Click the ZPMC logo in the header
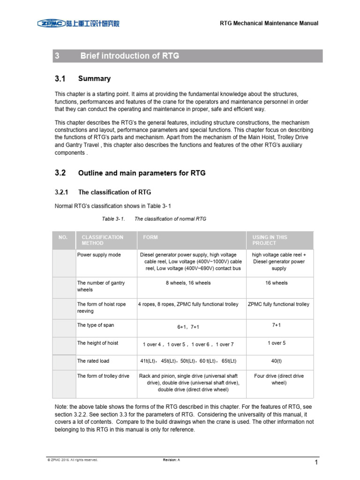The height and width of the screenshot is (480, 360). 78,23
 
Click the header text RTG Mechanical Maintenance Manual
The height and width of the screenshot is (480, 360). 269,23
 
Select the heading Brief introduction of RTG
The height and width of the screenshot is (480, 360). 129,56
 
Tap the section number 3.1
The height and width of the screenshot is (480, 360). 60,79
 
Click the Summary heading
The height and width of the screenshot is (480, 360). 94,79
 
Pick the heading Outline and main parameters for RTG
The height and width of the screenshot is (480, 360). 142,173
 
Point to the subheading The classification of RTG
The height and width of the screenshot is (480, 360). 114,192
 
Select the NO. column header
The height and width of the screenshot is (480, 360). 63,237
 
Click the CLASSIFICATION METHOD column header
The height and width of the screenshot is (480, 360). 102,240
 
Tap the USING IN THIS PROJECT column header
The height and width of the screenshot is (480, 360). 270,240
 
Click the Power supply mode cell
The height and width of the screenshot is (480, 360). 99,255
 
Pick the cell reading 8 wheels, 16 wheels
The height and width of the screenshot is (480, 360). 188,283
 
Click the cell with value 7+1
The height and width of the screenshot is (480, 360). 277,324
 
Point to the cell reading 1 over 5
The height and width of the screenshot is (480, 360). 277,343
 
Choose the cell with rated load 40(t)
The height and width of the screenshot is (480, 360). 277,361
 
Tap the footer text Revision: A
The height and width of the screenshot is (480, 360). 171,460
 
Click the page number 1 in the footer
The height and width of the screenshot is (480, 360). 316,463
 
